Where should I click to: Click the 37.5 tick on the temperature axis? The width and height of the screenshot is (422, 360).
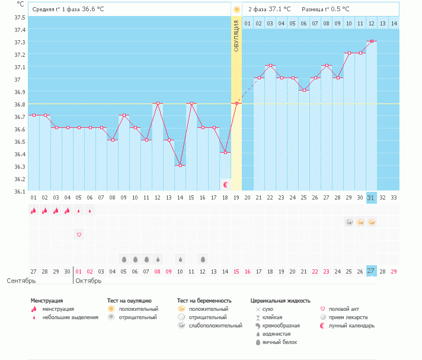pos(20,17)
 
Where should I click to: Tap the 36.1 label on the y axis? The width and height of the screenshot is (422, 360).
pos(20,191)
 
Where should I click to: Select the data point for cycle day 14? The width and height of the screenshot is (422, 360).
pos(180,165)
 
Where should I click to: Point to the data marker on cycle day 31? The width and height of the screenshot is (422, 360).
pos(372,41)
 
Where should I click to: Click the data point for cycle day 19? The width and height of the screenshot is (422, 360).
pos(236,103)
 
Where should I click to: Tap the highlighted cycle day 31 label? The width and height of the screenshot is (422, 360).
pos(372,197)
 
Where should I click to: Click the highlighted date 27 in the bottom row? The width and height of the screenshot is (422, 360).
pos(372,271)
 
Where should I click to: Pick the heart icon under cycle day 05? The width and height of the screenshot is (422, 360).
pos(79,234)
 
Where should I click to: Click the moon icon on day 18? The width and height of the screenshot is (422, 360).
pos(225,185)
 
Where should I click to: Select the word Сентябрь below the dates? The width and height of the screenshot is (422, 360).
pos(20,280)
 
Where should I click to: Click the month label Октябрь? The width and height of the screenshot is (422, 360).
pos(89,280)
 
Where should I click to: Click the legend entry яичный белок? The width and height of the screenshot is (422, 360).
pos(280,342)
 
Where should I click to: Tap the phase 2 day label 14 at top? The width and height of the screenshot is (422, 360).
pos(394,23)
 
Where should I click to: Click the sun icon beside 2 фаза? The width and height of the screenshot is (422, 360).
pos(236,9)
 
